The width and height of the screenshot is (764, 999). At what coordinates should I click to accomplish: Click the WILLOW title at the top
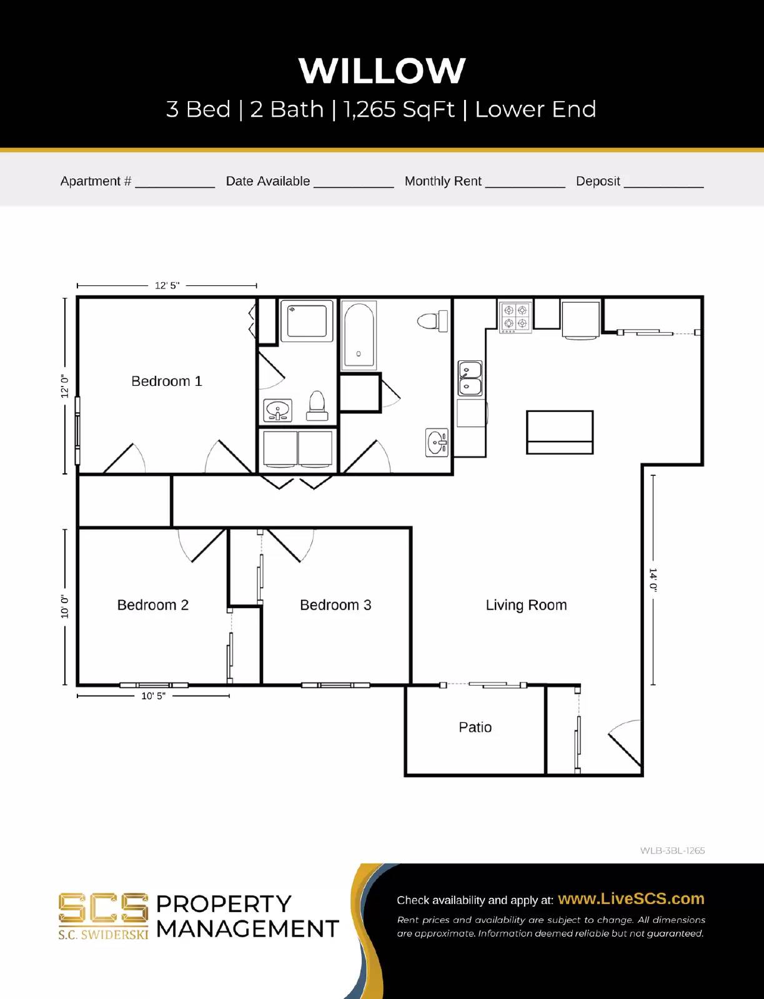382,70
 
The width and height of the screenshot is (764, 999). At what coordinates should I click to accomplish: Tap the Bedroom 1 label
167,381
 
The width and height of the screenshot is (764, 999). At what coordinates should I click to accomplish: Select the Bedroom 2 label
153,605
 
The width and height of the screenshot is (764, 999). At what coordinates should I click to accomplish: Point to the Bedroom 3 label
335,605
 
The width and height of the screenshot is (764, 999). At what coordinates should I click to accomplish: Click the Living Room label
526,605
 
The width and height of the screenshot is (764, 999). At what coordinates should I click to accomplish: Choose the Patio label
475,727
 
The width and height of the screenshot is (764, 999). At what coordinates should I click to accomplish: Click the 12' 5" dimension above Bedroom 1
167,285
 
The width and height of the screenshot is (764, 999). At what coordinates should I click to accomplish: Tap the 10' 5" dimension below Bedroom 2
153,696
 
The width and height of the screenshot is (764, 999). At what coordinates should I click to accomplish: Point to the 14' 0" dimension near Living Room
653,579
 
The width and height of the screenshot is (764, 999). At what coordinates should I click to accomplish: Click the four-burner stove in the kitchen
515,317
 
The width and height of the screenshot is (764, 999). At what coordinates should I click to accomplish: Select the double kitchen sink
470,378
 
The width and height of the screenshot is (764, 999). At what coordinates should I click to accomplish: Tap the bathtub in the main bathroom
359,336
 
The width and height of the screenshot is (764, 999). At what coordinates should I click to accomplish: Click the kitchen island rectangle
560,432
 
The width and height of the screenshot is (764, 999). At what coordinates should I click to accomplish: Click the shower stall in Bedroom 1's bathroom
307,321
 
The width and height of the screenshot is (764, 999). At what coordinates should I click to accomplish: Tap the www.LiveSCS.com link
631,898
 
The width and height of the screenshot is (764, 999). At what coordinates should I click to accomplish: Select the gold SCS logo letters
103,908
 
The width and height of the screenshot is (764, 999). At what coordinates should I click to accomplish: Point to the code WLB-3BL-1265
672,850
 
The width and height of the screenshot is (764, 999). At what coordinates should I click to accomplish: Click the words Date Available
267,181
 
